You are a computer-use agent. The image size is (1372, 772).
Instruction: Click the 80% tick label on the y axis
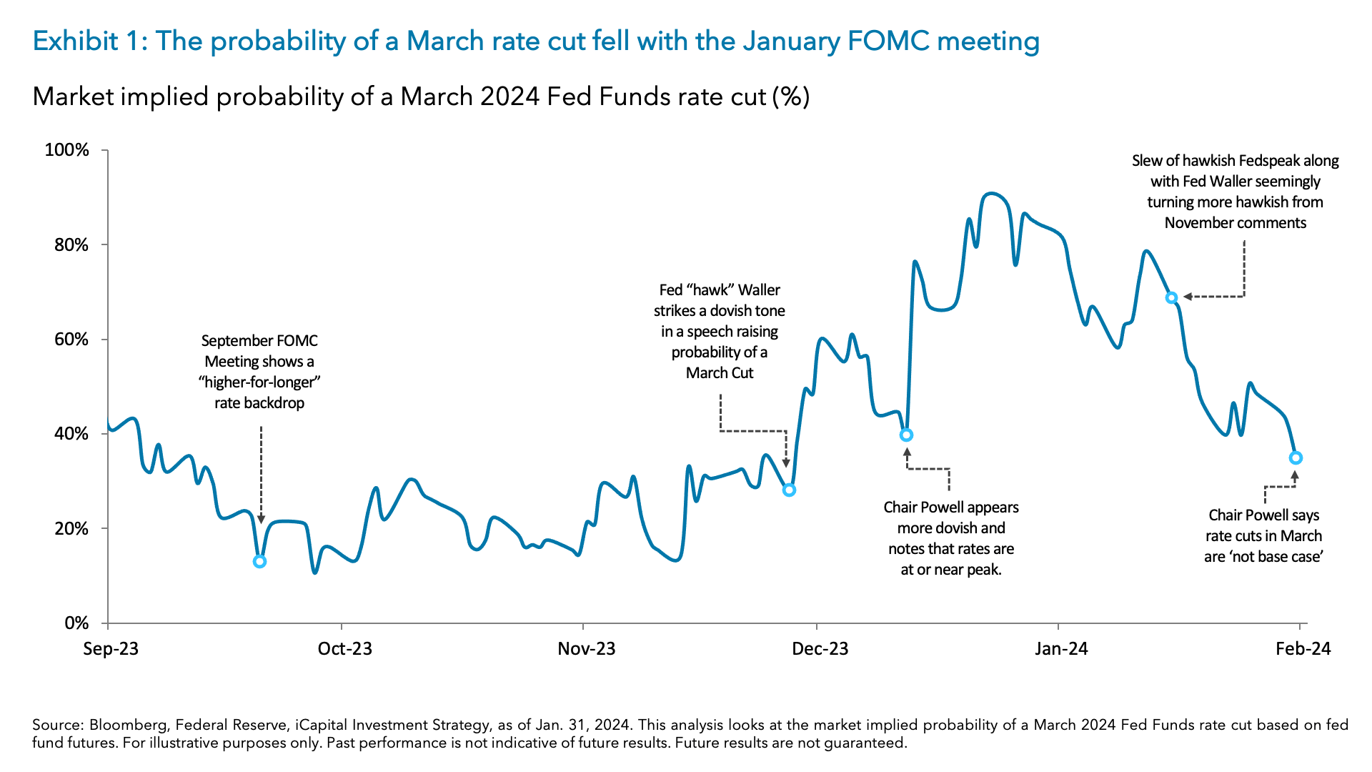pyautogui.click(x=66, y=245)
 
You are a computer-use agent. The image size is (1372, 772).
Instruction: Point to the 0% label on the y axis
pyautogui.click(x=76, y=623)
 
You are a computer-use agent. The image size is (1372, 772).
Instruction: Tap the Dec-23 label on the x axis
pyautogui.click(x=820, y=649)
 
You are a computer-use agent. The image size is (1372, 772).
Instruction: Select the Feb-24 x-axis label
pyautogui.click(x=1303, y=649)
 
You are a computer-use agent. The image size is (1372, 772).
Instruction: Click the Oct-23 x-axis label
pyautogui.click(x=344, y=649)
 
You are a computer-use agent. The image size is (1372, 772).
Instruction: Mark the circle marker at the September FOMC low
pyautogui.click(x=260, y=562)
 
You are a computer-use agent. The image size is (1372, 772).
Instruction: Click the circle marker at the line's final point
pyautogui.click(x=1296, y=458)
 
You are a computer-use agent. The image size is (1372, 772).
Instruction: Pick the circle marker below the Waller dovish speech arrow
pyautogui.click(x=789, y=490)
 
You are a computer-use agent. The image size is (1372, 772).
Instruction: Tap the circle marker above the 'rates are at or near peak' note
pyautogui.click(x=906, y=435)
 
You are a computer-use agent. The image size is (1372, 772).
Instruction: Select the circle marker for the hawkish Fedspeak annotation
pyautogui.click(x=1171, y=298)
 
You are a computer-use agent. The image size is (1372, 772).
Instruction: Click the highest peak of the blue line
pyautogui.click(x=990, y=193)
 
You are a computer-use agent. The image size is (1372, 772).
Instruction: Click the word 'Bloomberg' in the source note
pyautogui.click(x=128, y=725)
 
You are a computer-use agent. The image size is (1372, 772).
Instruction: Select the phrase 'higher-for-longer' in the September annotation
pyautogui.click(x=259, y=382)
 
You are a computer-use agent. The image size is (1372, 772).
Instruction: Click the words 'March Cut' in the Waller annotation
pyautogui.click(x=720, y=373)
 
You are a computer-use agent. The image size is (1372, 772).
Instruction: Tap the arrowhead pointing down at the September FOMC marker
pyautogui.click(x=261, y=520)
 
